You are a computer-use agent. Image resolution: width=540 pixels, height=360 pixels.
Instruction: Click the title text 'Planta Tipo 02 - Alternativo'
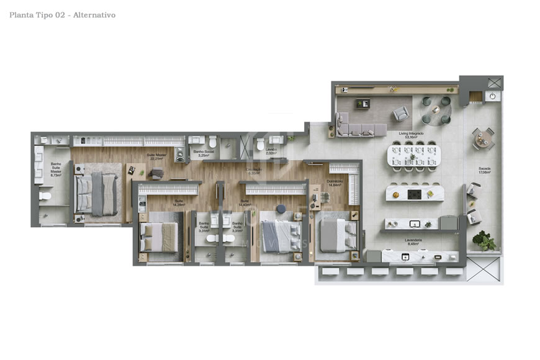click(x=62, y=15)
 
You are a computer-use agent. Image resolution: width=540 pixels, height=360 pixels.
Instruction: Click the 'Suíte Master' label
click(x=156, y=156)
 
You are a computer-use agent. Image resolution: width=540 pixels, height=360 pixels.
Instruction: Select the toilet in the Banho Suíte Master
click(x=45, y=196)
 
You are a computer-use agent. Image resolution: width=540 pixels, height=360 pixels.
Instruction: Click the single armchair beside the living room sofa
click(x=400, y=114)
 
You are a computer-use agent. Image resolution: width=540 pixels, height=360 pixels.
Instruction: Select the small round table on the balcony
click(x=482, y=140)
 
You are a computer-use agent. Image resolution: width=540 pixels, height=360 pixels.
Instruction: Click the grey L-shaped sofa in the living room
click(x=360, y=126)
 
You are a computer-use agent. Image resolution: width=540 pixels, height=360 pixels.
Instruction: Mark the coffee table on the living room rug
click(x=362, y=103)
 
